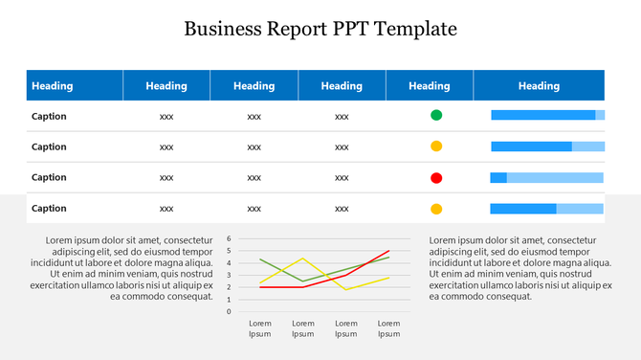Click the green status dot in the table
(x=436, y=116)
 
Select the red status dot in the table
(x=436, y=177)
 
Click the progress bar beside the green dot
(x=547, y=116)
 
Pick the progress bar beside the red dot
(x=547, y=177)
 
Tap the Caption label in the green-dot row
(x=49, y=116)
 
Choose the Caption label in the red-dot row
(x=49, y=177)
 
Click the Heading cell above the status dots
(x=429, y=86)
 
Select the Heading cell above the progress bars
(x=539, y=86)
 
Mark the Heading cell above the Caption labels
(x=53, y=86)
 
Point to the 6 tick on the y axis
(x=229, y=239)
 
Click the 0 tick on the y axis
(x=229, y=311)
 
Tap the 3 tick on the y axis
(x=229, y=275)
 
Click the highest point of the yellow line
(x=303, y=259)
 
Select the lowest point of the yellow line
(x=346, y=289)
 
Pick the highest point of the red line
(x=388, y=251)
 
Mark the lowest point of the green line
(x=303, y=281)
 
